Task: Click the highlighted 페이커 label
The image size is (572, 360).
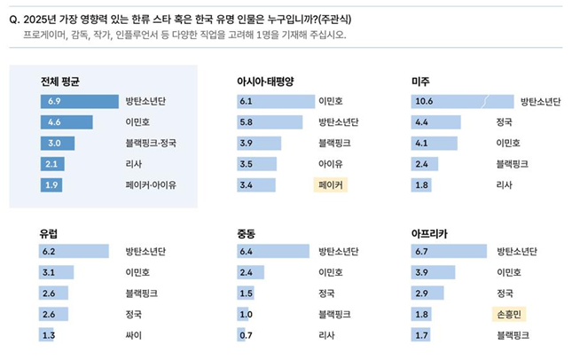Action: (329, 185)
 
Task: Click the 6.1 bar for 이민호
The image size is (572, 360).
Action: (274, 101)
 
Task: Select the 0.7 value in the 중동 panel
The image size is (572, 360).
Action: (247, 335)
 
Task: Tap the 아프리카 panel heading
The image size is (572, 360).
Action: (430, 233)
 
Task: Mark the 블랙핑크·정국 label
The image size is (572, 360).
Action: (147, 143)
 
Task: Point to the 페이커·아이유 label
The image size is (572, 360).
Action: (151, 185)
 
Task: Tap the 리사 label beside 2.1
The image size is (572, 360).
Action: (134, 164)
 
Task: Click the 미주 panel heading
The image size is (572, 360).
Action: (421, 81)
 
